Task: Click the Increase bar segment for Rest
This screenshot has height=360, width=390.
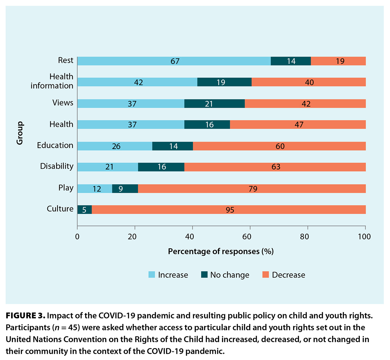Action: (x=174, y=61)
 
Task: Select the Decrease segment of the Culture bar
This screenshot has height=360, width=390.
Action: (x=228, y=210)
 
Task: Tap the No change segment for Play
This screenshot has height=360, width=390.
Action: (x=125, y=189)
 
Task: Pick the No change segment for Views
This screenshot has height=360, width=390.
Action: (x=214, y=104)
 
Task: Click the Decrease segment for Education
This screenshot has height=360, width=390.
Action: (x=279, y=146)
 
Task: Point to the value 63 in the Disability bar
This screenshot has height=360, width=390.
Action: (x=276, y=167)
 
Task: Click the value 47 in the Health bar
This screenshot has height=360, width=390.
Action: (x=299, y=125)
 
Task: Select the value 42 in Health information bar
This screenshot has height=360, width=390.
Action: (x=138, y=82)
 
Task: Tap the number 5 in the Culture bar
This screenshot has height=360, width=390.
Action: (x=84, y=210)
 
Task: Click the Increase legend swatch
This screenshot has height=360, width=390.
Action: (x=152, y=275)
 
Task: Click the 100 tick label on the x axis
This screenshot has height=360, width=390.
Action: (x=364, y=237)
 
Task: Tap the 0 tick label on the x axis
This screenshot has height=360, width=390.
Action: (x=77, y=237)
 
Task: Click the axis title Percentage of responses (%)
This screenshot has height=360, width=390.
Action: (x=221, y=252)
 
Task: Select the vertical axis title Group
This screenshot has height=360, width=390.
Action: (x=20, y=133)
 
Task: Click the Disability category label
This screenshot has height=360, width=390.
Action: (x=57, y=166)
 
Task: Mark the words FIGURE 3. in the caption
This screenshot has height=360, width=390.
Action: (x=25, y=316)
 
